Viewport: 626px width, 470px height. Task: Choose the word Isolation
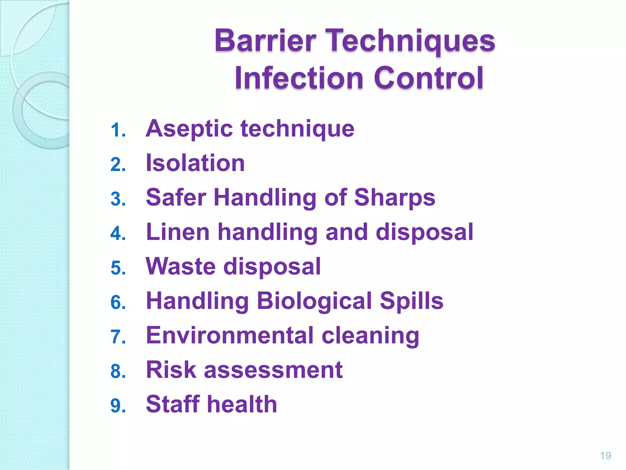(x=195, y=163)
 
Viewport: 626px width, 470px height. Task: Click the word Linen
(x=178, y=232)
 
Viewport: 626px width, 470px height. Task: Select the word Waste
(x=180, y=267)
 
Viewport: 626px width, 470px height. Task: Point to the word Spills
(x=411, y=301)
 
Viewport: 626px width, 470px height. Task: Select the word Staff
(x=173, y=404)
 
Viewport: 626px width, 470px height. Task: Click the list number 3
(x=118, y=199)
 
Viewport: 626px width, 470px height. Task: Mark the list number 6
(x=118, y=303)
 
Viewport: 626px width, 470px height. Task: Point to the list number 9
(x=118, y=406)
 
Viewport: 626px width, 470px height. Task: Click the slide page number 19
(x=605, y=456)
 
